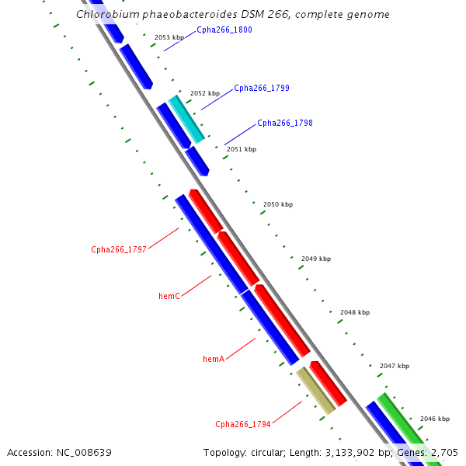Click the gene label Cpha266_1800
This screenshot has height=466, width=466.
pyautogui.click(x=224, y=30)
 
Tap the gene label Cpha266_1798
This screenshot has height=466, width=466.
pyautogui.click(x=284, y=123)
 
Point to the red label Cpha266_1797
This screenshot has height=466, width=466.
pyautogui.click(x=118, y=250)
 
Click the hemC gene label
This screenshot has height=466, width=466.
pyautogui.click(x=169, y=297)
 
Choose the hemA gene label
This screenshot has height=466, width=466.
pyautogui.click(x=214, y=359)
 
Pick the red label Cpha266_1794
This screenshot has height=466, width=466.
pyautogui.click(x=242, y=424)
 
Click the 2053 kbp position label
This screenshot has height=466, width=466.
pyautogui.click(x=169, y=37)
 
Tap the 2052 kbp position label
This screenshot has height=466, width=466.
pyautogui.click(x=205, y=93)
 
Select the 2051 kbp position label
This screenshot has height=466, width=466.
pyautogui.click(x=241, y=149)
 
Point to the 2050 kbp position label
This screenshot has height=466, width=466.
pyautogui.click(x=278, y=204)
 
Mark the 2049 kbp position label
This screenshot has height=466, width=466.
pyautogui.click(x=316, y=259)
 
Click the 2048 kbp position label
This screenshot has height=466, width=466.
pyautogui.click(x=355, y=312)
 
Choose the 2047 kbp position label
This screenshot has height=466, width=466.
pyautogui.click(x=395, y=366)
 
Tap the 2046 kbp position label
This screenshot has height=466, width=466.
pyautogui.click(x=434, y=419)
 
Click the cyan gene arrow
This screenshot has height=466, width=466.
pyautogui.click(x=187, y=120)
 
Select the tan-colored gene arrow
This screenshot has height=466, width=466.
pyautogui.click(x=315, y=391)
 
